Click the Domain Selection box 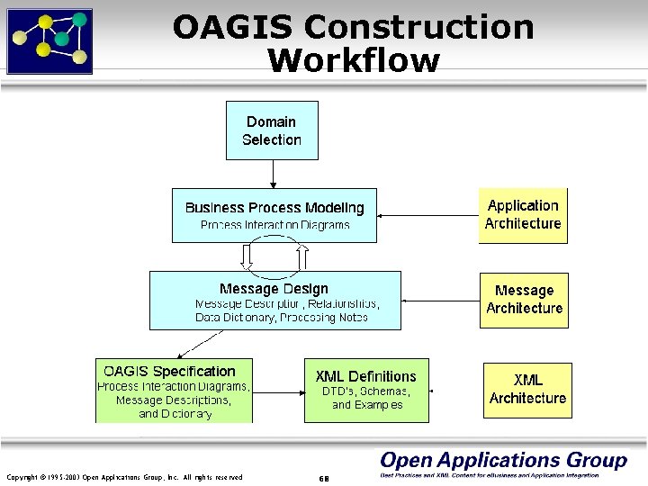pos(271,130)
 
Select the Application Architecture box pos(523,215)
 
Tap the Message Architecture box pos(524,299)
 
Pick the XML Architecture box pos(527,389)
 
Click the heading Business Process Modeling pos(274,208)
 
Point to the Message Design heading pos(274,289)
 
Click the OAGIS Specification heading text pos(169,371)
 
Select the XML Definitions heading pos(365,376)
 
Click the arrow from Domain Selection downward pos(272,174)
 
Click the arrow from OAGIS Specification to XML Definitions pos(278,391)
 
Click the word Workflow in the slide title pos(354,60)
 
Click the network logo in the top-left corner pos(49,40)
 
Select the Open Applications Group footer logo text pos(502,461)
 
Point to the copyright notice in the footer pos(123,477)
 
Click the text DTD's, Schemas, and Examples pos(366,399)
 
